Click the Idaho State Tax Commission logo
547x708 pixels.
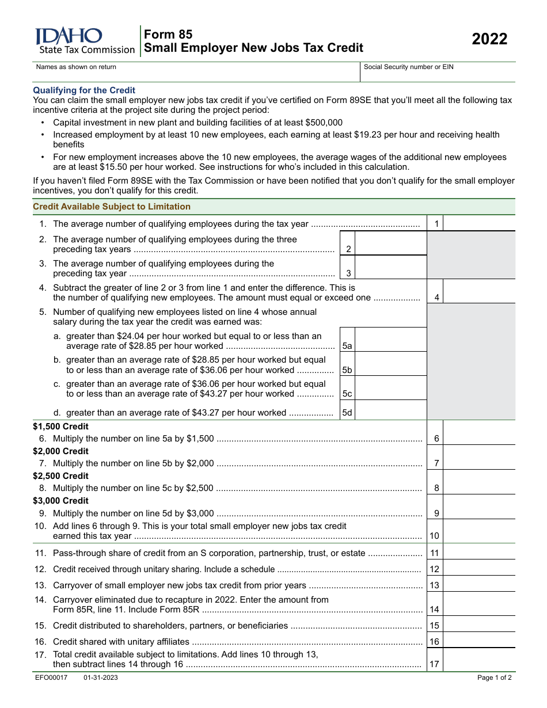[x=85, y=41]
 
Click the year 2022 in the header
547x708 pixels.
[x=489, y=39]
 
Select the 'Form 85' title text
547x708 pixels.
[x=168, y=35]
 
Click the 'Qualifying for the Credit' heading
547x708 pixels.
[x=84, y=90]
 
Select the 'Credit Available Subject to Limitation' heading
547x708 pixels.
[x=112, y=207]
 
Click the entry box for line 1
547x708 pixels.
[x=479, y=224]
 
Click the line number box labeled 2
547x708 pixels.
[x=348, y=249]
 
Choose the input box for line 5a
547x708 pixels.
[x=391, y=340]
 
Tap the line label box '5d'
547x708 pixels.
[x=347, y=413]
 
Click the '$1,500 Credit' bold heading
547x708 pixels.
[x=61, y=427]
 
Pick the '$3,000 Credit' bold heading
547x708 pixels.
[x=61, y=501]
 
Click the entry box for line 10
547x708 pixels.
[x=479, y=531]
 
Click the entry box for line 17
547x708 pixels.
[x=479, y=660]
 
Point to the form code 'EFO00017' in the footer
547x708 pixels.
[x=51, y=677]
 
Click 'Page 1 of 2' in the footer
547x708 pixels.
[x=494, y=677]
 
